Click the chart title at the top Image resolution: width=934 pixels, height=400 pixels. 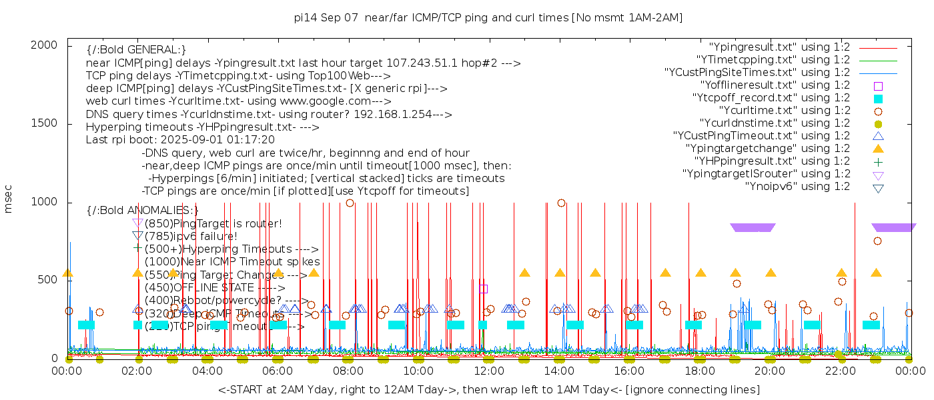(x=488, y=17)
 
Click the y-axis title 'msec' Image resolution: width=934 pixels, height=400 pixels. (x=9, y=199)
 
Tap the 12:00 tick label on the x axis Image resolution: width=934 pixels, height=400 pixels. (x=488, y=371)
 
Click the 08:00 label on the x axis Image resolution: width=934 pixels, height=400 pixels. (x=348, y=371)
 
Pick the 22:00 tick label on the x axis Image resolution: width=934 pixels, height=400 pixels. (x=840, y=371)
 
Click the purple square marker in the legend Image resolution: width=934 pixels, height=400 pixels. (x=878, y=85)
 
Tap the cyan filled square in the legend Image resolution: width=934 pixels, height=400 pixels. (x=878, y=98)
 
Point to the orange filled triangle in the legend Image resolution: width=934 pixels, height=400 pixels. (x=878, y=148)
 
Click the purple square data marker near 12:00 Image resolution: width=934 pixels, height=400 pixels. (x=484, y=289)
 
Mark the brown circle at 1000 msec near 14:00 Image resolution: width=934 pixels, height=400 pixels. (x=561, y=203)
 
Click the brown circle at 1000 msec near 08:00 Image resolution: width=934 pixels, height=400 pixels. (x=350, y=203)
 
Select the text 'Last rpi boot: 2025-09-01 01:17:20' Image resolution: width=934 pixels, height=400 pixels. (x=180, y=140)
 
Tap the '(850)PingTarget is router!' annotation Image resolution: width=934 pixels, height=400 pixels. (x=213, y=223)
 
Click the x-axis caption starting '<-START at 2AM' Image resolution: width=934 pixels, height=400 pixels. (x=488, y=389)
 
